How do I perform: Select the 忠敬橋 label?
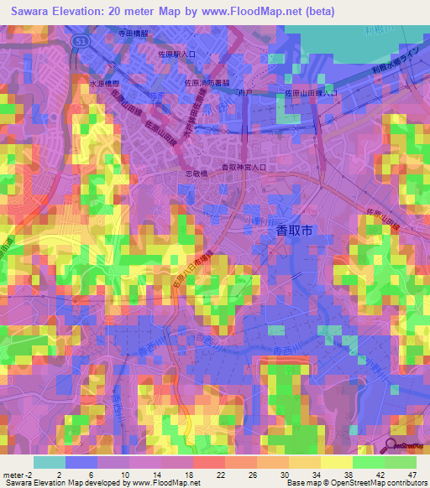click(x=197, y=176)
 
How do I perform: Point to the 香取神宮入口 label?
click(x=244, y=168)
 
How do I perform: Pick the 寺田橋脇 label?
click(x=133, y=34)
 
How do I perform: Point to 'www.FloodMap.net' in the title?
click(x=257, y=12)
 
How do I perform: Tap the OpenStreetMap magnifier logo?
click(x=391, y=445)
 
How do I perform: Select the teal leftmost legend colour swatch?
click(x=49, y=462)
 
